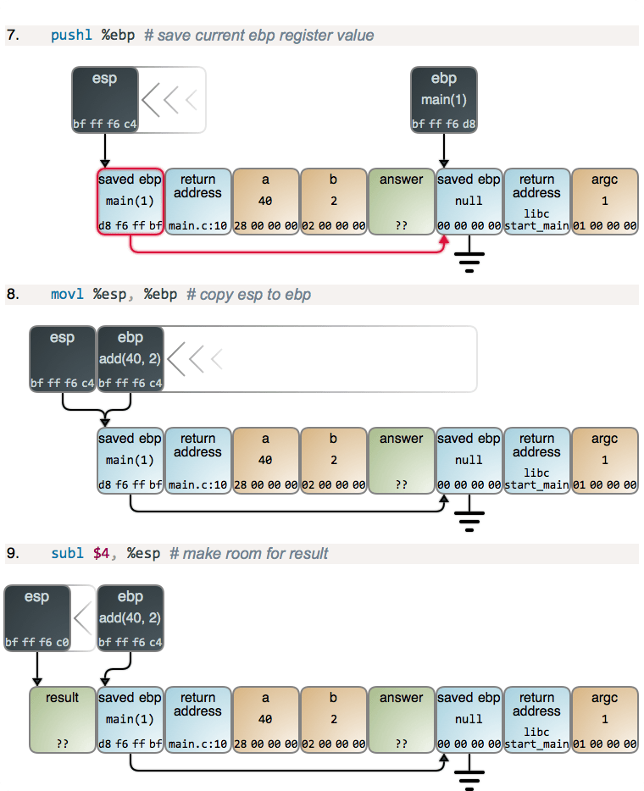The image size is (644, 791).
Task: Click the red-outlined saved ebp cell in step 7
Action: click(x=130, y=202)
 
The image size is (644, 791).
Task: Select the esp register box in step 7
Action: click(x=104, y=100)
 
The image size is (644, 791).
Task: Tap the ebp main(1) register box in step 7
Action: click(x=443, y=100)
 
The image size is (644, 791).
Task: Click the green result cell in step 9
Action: click(x=62, y=720)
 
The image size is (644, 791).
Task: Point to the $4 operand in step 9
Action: click(x=102, y=554)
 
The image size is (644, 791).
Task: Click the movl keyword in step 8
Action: click(x=69, y=295)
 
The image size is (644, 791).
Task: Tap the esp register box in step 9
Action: click(x=36, y=618)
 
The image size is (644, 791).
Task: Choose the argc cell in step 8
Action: click(x=604, y=461)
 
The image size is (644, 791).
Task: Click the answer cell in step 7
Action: click(x=401, y=202)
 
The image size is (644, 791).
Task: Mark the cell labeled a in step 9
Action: click(x=265, y=720)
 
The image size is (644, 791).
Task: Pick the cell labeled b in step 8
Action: click(x=333, y=461)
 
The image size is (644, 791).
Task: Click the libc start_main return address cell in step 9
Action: click(x=536, y=720)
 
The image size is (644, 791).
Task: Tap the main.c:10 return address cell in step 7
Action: click(x=197, y=202)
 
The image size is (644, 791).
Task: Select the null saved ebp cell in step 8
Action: click(x=469, y=461)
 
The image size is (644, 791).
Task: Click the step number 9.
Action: click(x=13, y=554)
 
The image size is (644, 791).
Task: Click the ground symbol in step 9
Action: click(x=469, y=777)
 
